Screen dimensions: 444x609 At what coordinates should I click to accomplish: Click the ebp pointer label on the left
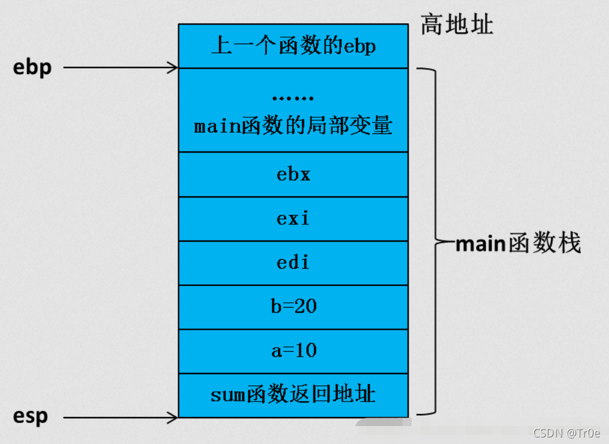point(32,68)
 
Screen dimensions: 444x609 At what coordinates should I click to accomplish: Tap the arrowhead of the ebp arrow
point(173,68)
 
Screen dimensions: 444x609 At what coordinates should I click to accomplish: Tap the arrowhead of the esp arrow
point(173,417)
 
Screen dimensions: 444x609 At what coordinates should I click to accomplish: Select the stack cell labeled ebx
point(293,175)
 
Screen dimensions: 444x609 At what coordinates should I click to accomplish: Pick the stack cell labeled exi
point(293,219)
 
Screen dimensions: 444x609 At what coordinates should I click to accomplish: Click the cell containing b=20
point(293,307)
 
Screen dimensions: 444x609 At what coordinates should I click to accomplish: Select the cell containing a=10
point(293,351)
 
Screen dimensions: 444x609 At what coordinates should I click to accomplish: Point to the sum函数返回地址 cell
point(293,395)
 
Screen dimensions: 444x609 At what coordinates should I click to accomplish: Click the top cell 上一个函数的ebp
point(293,46)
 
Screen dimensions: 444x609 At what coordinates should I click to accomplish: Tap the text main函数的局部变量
point(293,126)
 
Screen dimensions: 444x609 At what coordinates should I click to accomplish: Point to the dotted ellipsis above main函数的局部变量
point(293,98)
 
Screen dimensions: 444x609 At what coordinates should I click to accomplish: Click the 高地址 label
point(456,25)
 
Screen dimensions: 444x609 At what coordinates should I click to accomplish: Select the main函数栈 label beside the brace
point(518,244)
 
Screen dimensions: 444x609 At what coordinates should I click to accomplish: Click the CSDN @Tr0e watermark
point(567,433)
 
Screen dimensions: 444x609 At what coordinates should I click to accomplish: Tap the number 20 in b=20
point(306,307)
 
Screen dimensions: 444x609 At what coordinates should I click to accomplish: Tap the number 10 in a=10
point(306,351)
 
